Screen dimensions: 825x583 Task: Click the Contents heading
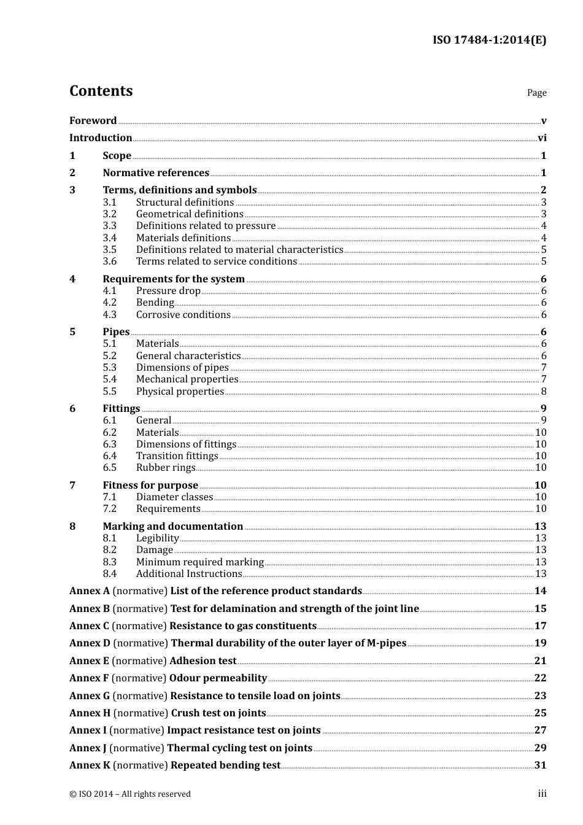[101, 91]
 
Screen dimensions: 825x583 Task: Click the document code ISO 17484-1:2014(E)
[489, 41]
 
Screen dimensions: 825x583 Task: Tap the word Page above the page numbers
[536, 93]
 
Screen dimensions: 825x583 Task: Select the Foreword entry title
[93, 121]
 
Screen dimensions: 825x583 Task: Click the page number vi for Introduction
[542, 138]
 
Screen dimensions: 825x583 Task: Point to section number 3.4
[109, 238]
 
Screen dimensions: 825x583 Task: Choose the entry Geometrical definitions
[190, 214]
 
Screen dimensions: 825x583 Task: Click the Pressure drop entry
[168, 291]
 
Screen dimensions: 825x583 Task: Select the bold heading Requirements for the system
[174, 279]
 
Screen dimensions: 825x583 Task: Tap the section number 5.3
[109, 368]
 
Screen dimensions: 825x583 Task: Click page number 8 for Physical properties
[544, 392]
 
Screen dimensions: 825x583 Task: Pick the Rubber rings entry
[166, 468]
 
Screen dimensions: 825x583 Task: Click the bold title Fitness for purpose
[150, 486]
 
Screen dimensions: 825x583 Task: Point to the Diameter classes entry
[174, 497]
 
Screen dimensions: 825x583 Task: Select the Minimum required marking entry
[199, 562]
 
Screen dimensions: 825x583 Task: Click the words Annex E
[89, 661]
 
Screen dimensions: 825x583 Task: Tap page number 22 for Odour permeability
[540, 678]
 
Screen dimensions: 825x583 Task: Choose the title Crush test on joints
[218, 713]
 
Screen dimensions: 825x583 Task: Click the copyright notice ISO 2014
[130, 794]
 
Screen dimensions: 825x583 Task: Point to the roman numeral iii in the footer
[542, 794]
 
